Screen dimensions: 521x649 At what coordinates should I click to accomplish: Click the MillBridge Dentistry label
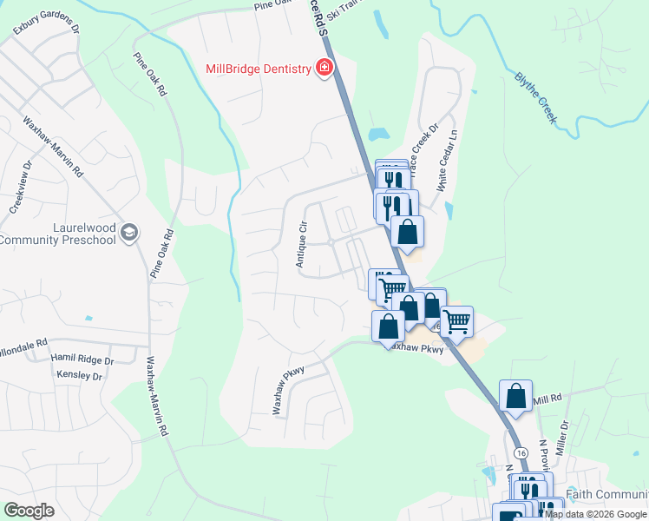pos(258,69)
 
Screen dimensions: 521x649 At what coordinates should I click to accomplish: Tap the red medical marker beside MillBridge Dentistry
pos(325,68)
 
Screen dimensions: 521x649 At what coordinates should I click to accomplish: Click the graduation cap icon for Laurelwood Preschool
pos(129,231)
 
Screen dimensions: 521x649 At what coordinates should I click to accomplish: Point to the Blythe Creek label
pos(534,96)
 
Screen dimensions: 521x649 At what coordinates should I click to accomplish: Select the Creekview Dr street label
pos(21,187)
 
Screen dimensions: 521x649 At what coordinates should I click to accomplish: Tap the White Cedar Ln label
pos(447,161)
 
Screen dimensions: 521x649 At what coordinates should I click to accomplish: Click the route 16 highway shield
pos(521,453)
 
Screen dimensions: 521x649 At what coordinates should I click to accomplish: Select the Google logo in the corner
pos(29,511)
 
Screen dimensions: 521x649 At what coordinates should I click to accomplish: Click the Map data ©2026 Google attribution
pos(595,514)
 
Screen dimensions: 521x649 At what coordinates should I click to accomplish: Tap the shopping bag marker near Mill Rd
pos(516,395)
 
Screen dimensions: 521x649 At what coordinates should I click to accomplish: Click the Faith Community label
pos(606,494)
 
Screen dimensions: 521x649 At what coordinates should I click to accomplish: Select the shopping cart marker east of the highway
pos(456,320)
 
